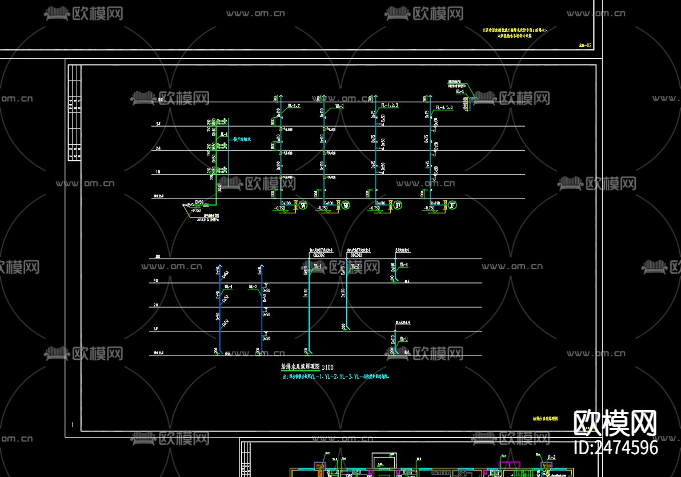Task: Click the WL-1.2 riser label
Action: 294,106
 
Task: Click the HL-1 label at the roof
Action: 460,91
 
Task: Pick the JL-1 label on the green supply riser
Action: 225,135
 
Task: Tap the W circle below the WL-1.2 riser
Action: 303,205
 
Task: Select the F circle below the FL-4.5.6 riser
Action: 452,205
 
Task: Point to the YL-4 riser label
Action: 403,265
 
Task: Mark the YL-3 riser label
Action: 403,339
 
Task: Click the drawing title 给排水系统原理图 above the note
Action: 300,368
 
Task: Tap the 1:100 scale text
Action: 328,368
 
